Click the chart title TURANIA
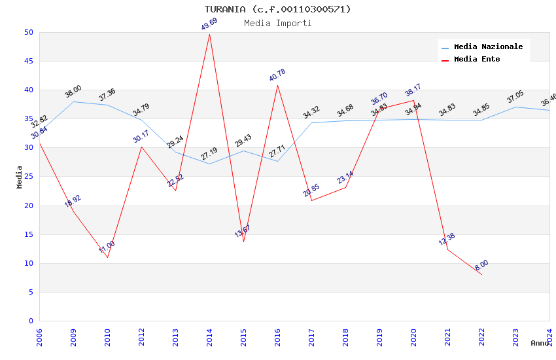point(277,9)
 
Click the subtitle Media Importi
point(277,23)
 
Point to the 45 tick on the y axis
point(29,62)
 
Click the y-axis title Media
point(20,177)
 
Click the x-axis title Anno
point(540,343)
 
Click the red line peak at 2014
point(209,34)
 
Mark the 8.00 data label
point(481,265)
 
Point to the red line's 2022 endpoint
point(481,274)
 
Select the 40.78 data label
point(277,75)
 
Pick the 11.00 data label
point(107,247)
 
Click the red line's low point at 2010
point(107,257)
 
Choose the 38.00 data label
point(73,92)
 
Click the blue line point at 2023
point(515,107)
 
